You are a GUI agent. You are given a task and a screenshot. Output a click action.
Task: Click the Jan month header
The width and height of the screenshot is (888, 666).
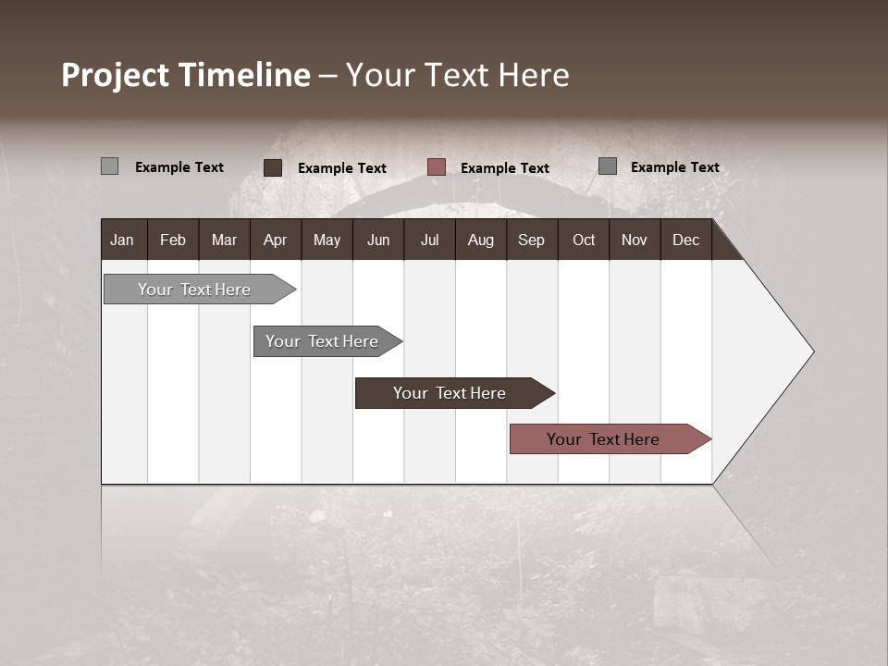coord(122,240)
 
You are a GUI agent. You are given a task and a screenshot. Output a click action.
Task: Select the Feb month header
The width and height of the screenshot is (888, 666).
coord(173,240)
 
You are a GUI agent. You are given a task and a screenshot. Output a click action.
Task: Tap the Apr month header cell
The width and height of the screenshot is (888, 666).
coord(275,240)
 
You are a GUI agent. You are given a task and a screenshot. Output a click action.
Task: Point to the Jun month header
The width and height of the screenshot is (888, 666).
coord(377,240)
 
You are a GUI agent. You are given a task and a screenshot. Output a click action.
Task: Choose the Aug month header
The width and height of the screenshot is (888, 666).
coord(480,240)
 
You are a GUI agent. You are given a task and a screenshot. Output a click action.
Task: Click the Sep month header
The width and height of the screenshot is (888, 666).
coord(531,240)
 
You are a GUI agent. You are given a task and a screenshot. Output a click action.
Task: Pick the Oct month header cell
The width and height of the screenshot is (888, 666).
coord(583,240)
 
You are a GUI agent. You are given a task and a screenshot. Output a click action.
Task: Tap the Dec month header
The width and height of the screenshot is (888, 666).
coord(685,240)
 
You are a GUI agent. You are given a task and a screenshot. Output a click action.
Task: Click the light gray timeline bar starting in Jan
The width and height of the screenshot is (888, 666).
coord(194,290)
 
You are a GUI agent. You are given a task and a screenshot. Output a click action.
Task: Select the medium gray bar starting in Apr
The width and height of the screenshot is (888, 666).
coord(322,341)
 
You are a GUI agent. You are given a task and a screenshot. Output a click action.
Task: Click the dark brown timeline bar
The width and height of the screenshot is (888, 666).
coord(450,393)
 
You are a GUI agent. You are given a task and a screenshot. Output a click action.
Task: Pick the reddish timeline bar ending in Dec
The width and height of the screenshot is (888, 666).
coord(603,439)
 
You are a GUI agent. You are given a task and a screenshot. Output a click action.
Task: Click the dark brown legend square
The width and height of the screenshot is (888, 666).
coord(273,167)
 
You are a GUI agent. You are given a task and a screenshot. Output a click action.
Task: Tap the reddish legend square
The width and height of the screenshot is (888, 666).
coord(437,167)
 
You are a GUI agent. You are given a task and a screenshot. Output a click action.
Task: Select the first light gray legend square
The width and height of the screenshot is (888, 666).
coord(110,166)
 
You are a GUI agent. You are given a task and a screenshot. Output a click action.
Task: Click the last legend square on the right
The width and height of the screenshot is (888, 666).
coord(608,166)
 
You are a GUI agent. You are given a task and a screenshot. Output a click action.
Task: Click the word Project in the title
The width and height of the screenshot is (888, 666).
coord(116,76)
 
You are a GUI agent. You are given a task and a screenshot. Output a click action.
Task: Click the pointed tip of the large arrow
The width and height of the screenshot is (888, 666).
coord(811,351)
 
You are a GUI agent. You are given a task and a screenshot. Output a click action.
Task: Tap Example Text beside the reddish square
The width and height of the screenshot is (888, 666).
coord(504,168)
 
